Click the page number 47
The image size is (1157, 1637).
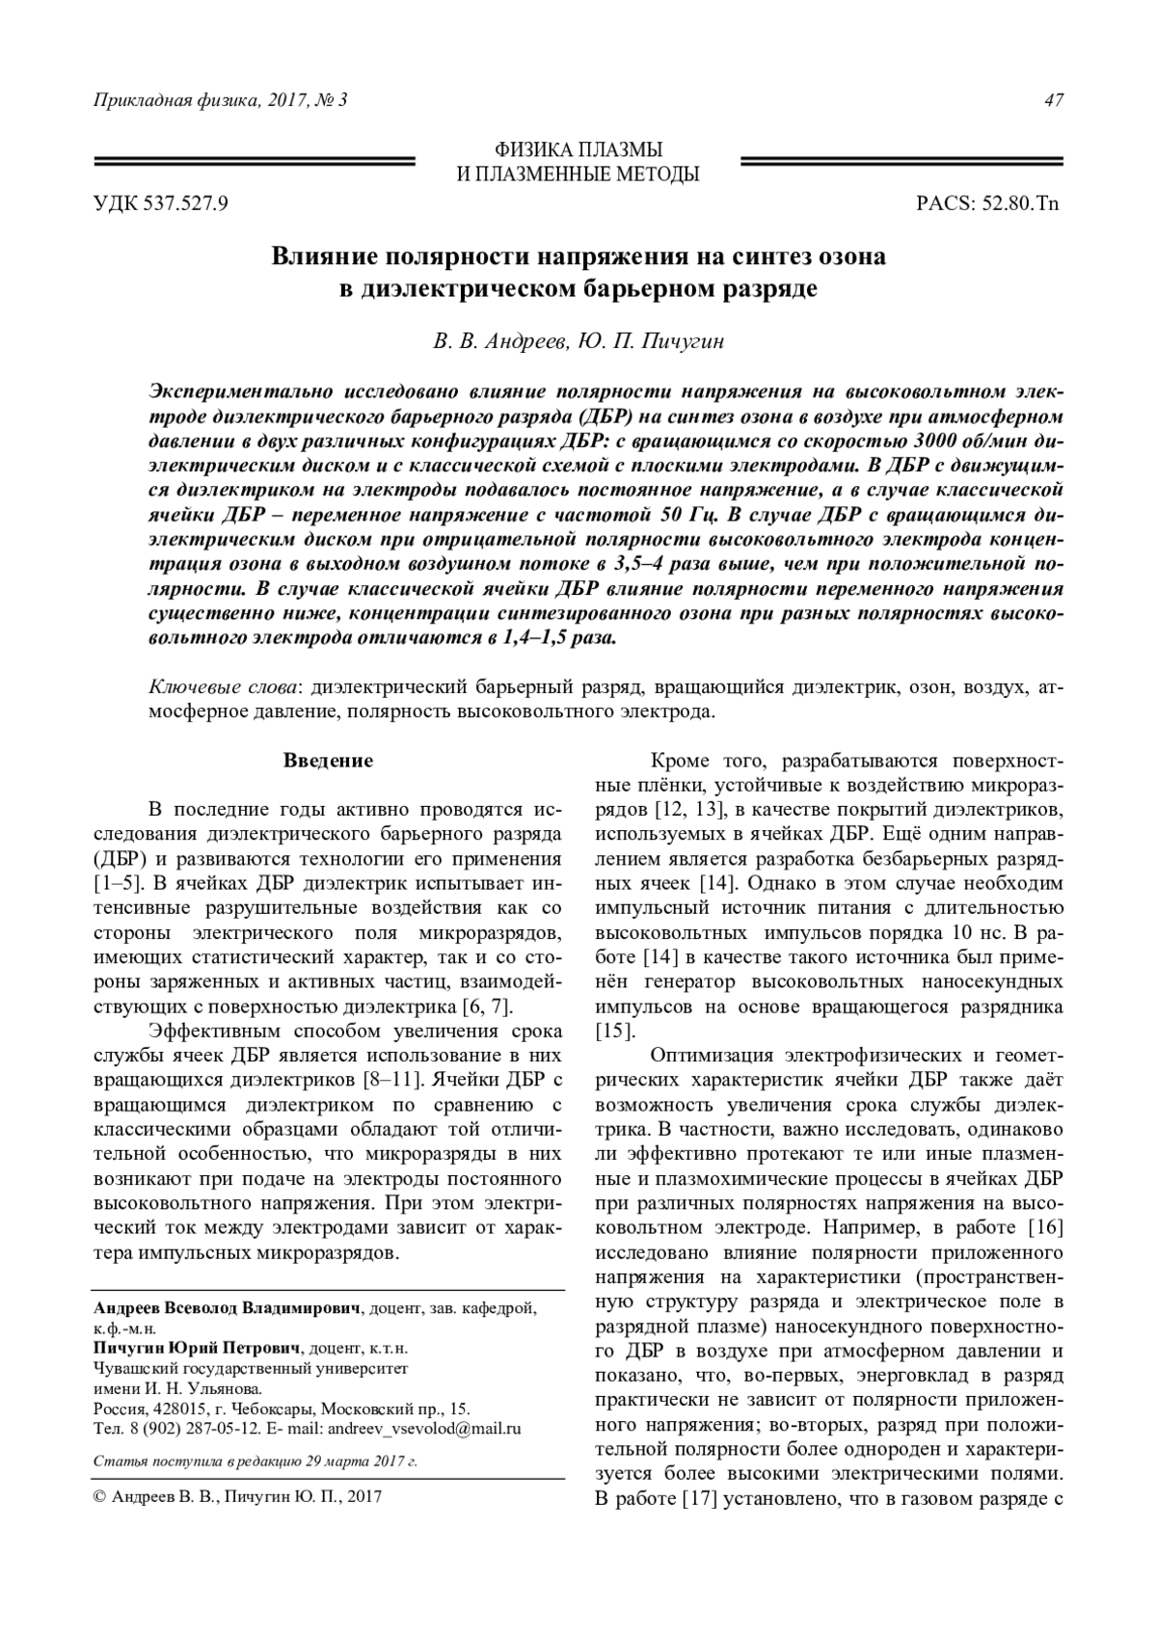pyautogui.click(x=1053, y=101)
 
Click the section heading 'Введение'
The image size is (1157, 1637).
pyautogui.click(x=328, y=761)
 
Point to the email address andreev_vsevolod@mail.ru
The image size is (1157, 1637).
pyautogui.click(x=424, y=1429)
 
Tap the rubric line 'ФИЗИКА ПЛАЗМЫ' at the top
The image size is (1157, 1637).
pyautogui.click(x=578, y=150)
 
